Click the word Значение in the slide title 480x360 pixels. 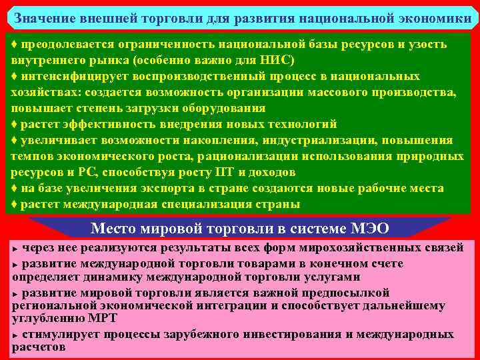click(x=45, y=18)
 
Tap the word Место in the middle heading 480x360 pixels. click(x=113, y=229)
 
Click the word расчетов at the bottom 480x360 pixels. click(x=39, y=347)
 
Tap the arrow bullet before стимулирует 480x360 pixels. click(x=15, y=335)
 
